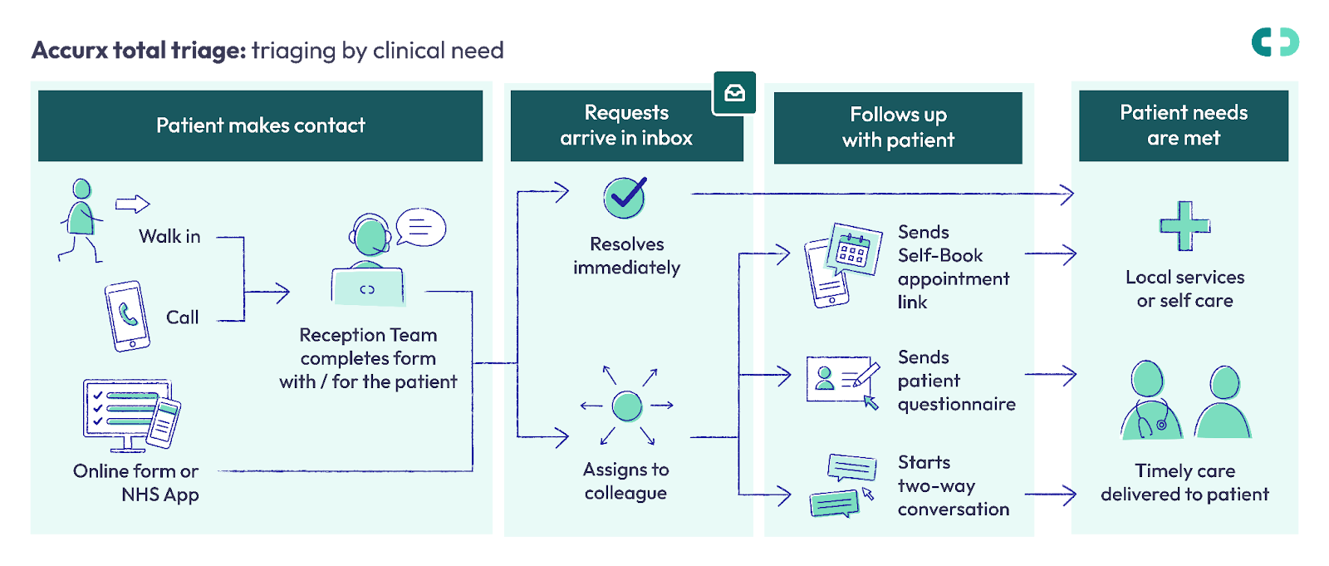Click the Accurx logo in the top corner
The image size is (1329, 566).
pos(1275,42)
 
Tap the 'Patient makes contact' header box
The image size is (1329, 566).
pos(261,126)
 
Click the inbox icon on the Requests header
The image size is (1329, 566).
pos(734,92)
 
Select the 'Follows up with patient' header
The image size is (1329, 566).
pos(898,128)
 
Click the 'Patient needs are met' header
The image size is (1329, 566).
pos(1184,126)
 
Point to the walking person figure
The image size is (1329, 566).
pos(81,220)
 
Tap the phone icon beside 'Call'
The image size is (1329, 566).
pos(128,316)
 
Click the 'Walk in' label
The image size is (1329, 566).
pos(169,236)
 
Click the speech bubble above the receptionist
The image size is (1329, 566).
pos(420,227)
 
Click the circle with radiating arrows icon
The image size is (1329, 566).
pos(627,406)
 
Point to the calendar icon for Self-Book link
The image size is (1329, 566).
pos(855,250)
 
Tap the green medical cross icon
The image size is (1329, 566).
pos(1184,226)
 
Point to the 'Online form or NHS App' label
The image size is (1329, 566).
pos(136,483)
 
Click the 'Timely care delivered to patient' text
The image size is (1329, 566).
pos(1184,482)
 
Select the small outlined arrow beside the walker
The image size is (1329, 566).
pos(132,204)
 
